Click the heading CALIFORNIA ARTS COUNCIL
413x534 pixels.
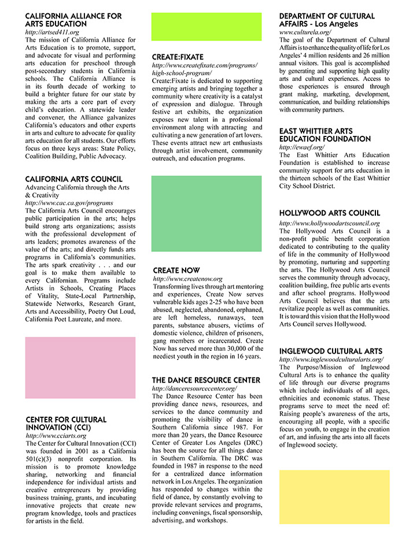click(73, 179)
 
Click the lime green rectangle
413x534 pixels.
click(206, 27)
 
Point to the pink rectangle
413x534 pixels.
click(80, 368)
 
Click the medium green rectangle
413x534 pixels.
click(206, 214)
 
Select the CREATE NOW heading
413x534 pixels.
click(176, 270)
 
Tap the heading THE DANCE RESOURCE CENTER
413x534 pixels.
click(206, 380)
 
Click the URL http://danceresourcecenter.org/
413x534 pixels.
click(194, 389)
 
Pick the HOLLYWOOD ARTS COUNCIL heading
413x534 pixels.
click(330, 213)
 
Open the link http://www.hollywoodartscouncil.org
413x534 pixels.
click(329, 223)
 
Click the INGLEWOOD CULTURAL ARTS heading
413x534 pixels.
click(330, 351)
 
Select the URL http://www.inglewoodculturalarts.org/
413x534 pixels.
click(331, 359)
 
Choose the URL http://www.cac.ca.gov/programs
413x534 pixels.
click(69, 203)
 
